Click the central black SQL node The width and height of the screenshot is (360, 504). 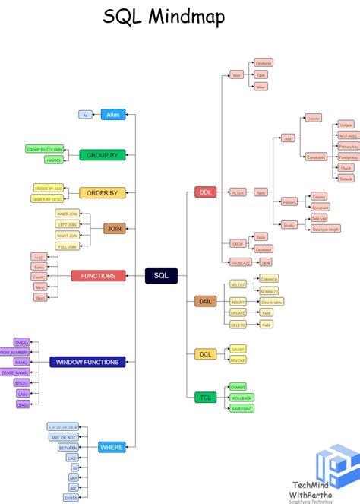point(161,275)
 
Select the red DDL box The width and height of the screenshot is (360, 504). point(206,192)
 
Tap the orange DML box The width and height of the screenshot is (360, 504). point(206,301)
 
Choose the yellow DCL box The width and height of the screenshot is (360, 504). point(206,354)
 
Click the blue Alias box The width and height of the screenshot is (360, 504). point(112,114)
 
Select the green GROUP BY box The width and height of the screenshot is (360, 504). point(102,155)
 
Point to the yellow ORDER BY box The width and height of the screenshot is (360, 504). point(102,193)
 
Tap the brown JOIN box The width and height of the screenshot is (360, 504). point(114,228)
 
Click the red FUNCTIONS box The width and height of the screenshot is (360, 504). point(98,276)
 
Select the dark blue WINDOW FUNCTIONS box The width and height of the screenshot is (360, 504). point(87,362)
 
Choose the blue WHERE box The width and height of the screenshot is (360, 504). point(112,448)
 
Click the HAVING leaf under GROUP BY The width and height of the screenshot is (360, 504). point(54,160)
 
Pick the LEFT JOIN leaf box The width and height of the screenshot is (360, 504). point(67,224)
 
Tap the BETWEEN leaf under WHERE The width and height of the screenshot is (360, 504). point(68,448)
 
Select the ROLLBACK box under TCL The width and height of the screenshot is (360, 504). point(242,398)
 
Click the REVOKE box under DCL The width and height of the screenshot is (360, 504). point(238,360)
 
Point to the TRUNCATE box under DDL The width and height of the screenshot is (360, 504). point(240,262)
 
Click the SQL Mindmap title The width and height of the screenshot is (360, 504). point(164,17)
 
